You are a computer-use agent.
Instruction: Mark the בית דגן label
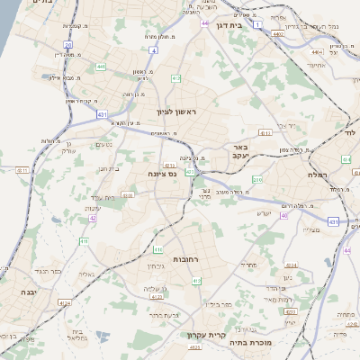[x=256, y=26]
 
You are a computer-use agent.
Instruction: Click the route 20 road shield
[x=67, y=44]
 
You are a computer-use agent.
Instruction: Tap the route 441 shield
[x=101, y=67]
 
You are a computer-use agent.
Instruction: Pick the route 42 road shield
[x=93, y=218]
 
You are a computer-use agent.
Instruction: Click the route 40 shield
[x=284, y=216]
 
